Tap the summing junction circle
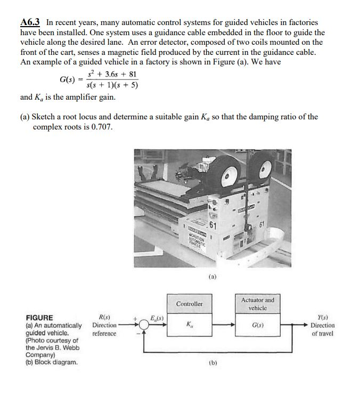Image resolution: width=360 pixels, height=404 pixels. coord(144,324)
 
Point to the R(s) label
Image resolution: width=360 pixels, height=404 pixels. coord(101,317)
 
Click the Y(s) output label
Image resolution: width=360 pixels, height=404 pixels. coord(323,317)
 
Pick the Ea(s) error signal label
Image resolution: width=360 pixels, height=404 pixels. coord(157,318)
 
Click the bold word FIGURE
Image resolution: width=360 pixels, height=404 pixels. coord(39,318)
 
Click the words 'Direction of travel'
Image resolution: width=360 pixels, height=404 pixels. coord(323,329)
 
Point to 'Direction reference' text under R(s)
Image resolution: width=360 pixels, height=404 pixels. coord(104,329)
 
